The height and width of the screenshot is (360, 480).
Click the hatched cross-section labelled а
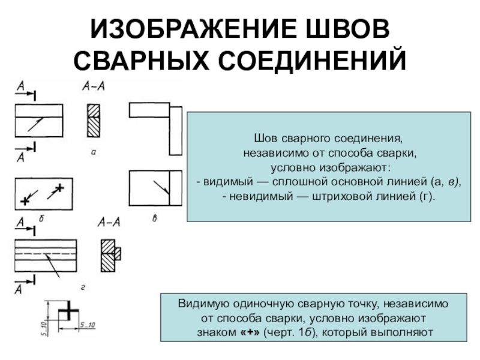[x=94, y=121]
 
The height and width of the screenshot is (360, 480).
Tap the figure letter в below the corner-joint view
[x=154, y=220]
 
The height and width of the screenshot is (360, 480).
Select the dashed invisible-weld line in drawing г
[x=46, y=254]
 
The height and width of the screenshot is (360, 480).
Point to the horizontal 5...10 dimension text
[x=88, y=325]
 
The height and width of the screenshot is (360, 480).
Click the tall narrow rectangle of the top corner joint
[x=176, y=129]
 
